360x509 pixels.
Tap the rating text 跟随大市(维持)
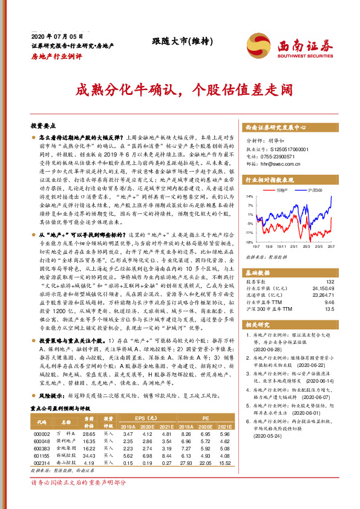175,41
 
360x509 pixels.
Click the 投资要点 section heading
43,126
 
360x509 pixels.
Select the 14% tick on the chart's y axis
249,196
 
